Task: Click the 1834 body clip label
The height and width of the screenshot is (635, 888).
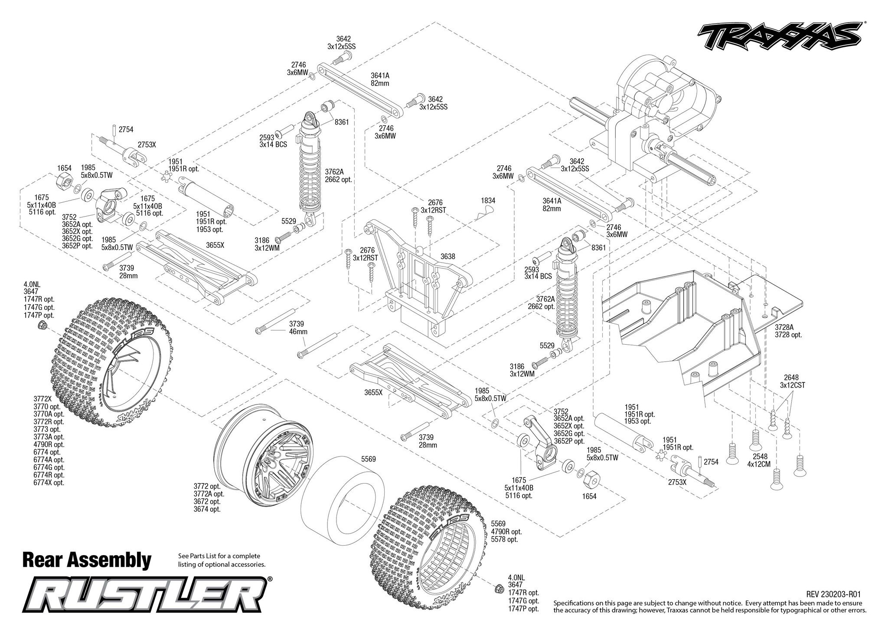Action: (488, 201)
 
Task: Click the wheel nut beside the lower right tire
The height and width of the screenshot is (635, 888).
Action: (499, 589)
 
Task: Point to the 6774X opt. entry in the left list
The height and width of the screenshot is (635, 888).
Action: (49, 482)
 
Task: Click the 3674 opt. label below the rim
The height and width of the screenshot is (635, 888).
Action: (207, 509)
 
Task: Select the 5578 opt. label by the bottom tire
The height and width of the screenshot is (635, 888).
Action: (505, 540)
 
